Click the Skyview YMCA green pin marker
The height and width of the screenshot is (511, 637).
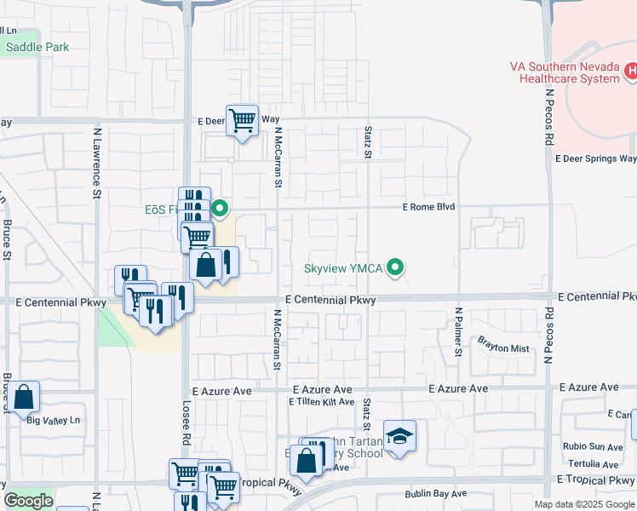point(394,268)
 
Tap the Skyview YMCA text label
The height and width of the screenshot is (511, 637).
point(344,269)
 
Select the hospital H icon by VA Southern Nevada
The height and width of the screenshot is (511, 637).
point(631,72)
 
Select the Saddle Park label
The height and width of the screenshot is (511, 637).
point(37,47)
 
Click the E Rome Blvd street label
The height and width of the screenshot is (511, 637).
point(429,207)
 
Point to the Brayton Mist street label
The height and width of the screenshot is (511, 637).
point(503,348)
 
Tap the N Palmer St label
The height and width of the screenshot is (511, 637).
point(458,332)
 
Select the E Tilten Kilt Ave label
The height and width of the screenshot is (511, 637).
point(321,401)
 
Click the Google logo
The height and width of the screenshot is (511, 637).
point(28,501)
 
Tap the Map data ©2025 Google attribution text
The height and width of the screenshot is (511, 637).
point(583,504)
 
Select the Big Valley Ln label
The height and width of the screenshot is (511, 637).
point(53,420)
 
